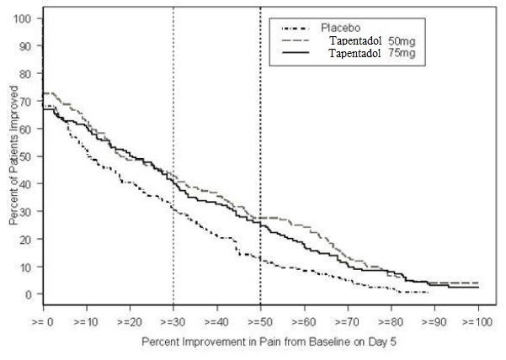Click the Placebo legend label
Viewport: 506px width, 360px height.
pyautogui.click(x=340, y=28)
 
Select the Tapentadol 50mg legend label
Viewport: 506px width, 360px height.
pyautogui.click(x=372, y=41)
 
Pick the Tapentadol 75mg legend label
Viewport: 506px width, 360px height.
pyautogui.click(x=372, y=53)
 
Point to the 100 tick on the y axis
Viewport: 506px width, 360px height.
pyautogui.click(x=22, y=19)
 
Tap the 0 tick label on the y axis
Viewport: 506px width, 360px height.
pyautogui.click(x=29, y=294)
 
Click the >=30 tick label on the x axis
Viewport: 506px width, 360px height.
pyautogui.click(x=173, y=321)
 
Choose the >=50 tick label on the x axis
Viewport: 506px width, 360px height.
pyautogui.click(x=260, y=321)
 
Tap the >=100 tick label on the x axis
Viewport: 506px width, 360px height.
pyautogui.click(x=477, y=321)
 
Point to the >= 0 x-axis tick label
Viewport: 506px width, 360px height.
pyautogui.click(x=43, y=321)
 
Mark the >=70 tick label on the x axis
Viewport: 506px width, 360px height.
pyautogui.click(x=347, y=321)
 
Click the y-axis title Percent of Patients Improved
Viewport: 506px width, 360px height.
pyautogui.click(x=13, y=156)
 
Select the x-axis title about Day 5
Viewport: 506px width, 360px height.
pyautogui.click(x=269, y=341)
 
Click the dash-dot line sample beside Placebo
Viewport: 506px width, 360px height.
pyautogui.click(x=296, y=29)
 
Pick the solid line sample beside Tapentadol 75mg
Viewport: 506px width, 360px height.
pyautogui.click(x=296, y=53)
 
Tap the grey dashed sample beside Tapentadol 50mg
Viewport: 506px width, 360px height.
pyautogui.click(x=296, y=40)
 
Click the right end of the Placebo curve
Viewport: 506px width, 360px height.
pyautogui.click(x=429, y=293)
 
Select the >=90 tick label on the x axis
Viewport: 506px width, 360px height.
pyautogui.click(x=434, y=321)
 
